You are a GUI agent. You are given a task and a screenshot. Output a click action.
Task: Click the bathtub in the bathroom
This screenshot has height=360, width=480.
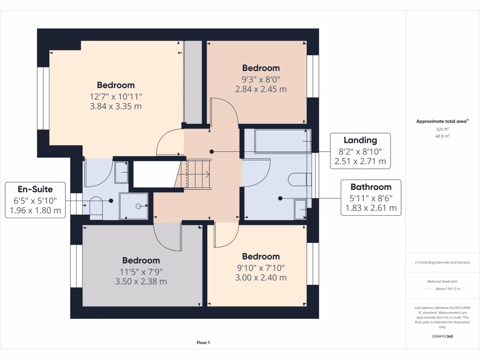(x=282, y=141)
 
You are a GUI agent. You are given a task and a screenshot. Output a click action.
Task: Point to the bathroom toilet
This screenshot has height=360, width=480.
(x=300, y=179)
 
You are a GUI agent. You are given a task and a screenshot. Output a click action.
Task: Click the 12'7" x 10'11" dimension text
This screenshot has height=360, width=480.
(x=116, y=96)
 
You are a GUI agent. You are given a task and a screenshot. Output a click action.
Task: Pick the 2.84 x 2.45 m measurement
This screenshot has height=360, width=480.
(x=261, y=89)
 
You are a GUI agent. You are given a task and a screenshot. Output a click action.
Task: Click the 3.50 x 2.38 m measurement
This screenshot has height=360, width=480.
(x=141, y=282)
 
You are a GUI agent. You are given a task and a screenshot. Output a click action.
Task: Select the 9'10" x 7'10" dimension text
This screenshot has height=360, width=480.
(x=261, y=268)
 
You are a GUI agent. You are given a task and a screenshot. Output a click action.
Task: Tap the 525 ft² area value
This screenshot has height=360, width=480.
(x=442, y=129)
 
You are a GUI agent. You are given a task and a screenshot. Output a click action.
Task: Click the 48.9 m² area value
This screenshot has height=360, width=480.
(x=442, y=135)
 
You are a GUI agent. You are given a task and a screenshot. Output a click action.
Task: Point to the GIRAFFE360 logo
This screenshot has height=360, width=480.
(x=442, y=337)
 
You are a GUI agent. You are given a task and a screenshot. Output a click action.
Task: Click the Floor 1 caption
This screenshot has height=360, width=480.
(x=203, y=343)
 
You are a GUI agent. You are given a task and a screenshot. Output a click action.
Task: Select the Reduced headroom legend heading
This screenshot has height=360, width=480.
(x=442, y=281)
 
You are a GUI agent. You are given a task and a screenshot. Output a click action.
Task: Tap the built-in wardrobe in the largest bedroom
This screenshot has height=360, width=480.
(x=193, y=82)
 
